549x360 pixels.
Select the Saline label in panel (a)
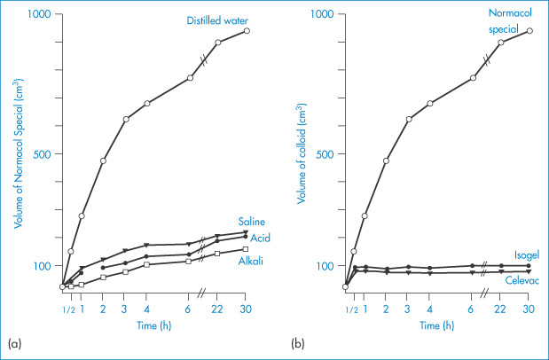[252, 221]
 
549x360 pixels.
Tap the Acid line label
[260, 238]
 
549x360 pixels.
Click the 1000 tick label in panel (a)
[39, 16]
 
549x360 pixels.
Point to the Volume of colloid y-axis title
[303, 151]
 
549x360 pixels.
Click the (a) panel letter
[13, 341]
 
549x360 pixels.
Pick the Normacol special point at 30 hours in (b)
[529, 31]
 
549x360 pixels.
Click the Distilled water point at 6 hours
[190, 78]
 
